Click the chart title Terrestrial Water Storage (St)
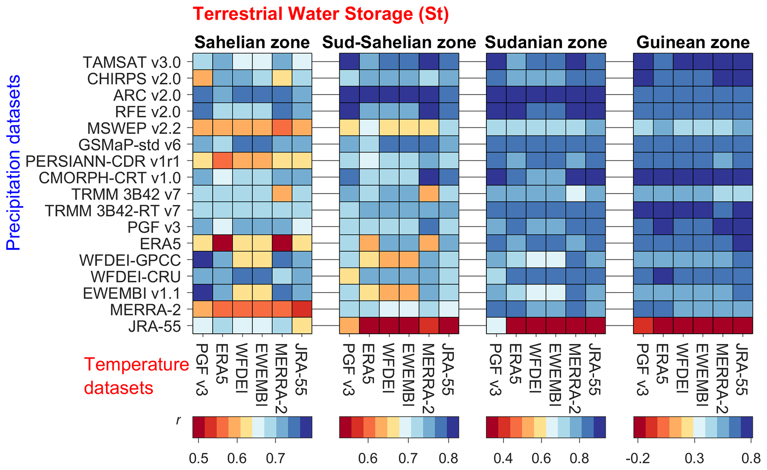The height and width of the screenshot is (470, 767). tap(321, 14)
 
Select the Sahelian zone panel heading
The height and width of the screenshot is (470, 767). tap(252, 42)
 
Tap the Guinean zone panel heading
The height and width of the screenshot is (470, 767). tap(693, 42)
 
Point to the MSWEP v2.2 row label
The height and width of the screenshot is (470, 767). tap(134, 128)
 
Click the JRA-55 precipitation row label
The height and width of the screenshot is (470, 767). tap(155, 327)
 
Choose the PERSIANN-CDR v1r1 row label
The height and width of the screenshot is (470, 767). tap(103, 161)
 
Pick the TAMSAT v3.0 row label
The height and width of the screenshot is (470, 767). tap(132, 62)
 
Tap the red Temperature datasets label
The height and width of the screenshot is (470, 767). tap(137, 376)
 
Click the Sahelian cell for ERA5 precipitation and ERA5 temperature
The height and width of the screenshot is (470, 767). tap(223, 243)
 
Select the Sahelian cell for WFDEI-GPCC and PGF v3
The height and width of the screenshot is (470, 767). tap(203, 260)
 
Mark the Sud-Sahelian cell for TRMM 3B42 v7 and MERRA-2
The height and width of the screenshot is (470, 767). tap(429, 194)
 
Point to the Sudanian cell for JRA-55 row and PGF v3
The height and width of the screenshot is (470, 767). tap(496, 326)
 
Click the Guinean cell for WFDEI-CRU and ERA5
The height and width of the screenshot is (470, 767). tap(663, 276)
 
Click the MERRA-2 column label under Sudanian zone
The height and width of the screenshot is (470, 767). tap(575, 379)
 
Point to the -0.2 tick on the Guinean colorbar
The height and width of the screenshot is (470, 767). tap(637, 459)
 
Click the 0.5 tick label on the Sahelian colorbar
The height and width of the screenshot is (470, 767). tap(198, 459)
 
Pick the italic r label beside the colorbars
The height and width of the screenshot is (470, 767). tap(179, 421)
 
